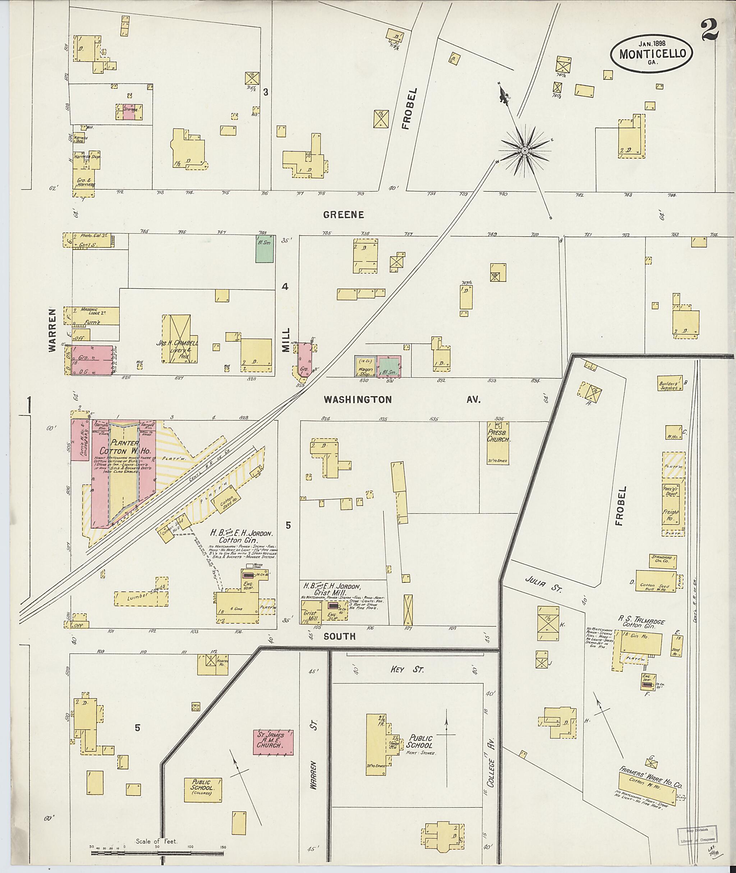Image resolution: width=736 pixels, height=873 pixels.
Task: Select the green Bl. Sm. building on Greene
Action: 264,249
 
